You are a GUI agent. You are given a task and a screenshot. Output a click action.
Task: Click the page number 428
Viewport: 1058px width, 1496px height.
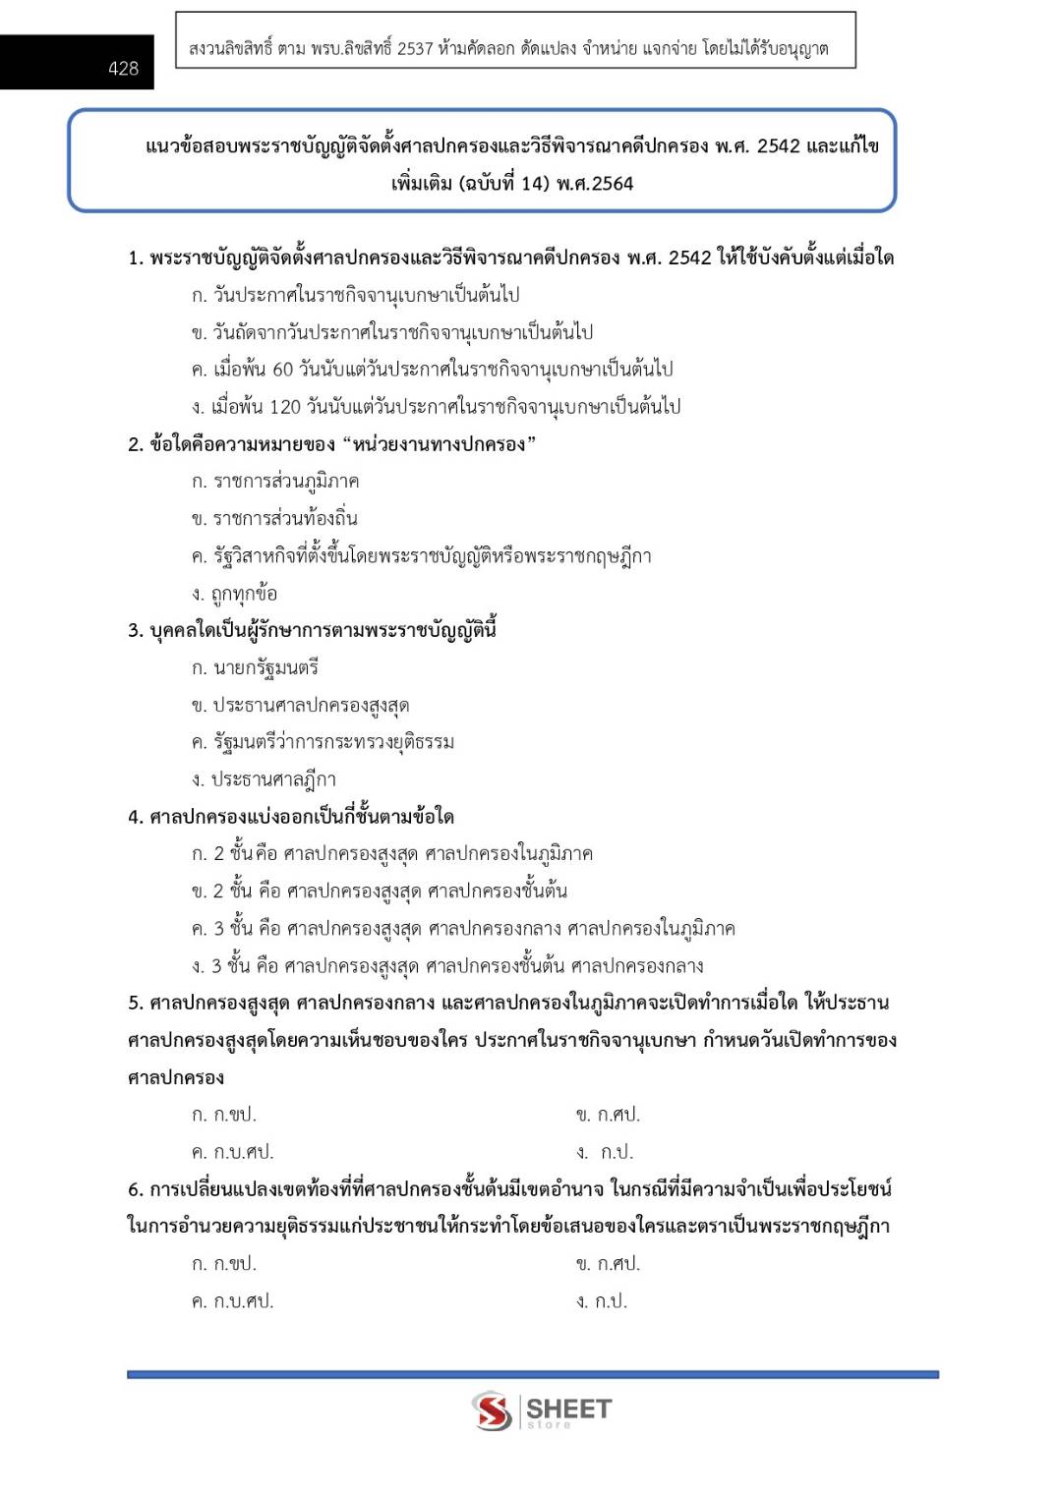[123, 69]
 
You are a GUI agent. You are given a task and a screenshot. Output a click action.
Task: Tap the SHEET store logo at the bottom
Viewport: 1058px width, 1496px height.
[542, 1410]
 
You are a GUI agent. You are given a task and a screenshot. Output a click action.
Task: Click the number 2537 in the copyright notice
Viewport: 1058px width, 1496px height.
[415, 49]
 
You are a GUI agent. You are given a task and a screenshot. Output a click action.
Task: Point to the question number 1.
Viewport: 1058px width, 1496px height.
[135, 259]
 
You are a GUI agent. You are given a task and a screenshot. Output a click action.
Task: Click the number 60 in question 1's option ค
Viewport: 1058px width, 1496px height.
[282, 370]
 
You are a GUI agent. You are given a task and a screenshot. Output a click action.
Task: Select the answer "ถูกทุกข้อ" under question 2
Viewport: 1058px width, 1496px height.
[244, 594]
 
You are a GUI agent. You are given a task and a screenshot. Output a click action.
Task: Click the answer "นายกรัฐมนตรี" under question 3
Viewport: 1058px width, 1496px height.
[265, 668]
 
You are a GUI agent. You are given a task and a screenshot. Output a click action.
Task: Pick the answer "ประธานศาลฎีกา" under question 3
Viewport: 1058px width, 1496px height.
[273, 779]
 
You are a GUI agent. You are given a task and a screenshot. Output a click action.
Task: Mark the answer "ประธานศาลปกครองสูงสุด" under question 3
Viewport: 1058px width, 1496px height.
[310, 706]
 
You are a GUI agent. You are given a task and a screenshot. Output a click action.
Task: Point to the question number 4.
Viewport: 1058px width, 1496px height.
[135, 818]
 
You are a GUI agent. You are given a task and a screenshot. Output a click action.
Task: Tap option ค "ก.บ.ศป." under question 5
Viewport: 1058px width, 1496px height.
[243, 1152]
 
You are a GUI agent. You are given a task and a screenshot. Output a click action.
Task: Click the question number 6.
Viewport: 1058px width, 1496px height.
[135, 1190]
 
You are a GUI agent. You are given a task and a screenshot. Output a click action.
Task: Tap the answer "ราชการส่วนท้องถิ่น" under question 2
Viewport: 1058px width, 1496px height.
[285, 519]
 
